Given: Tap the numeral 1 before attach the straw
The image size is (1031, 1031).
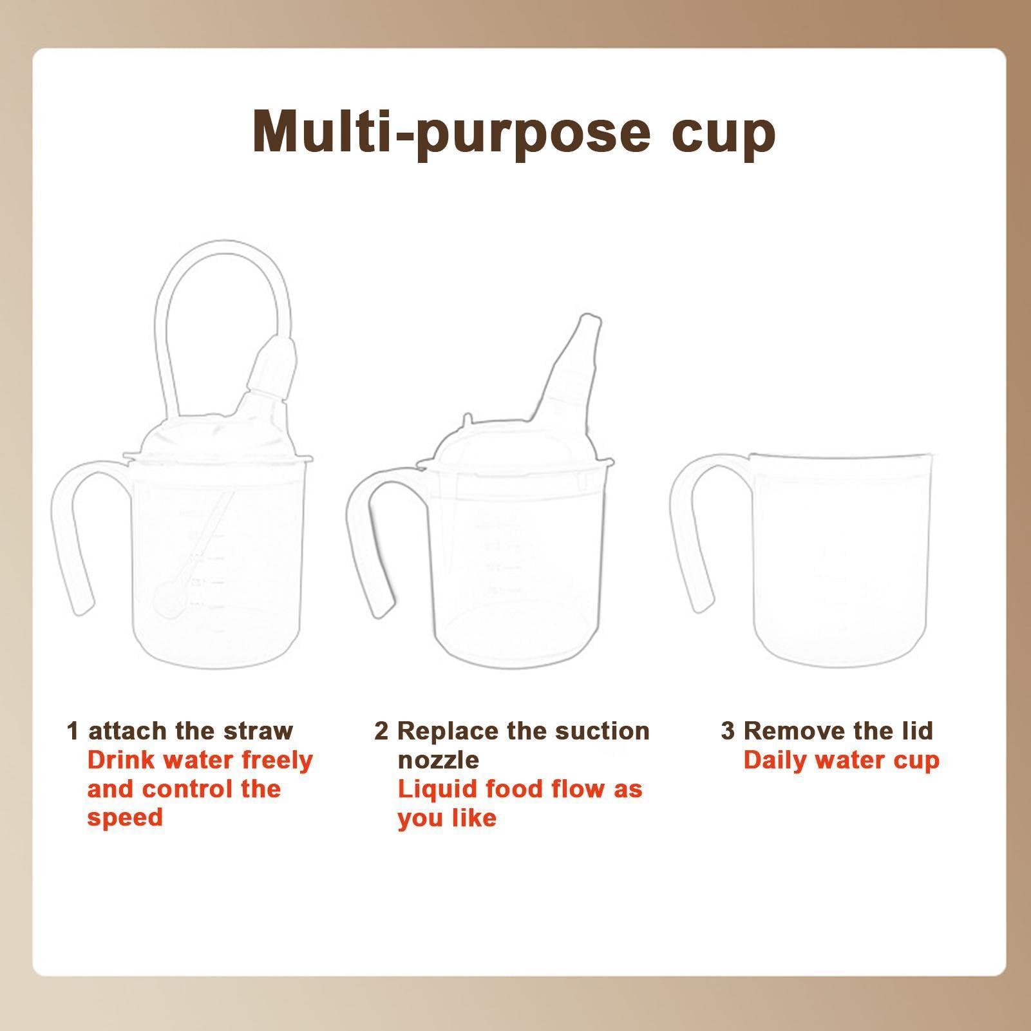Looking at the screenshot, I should point(73,732).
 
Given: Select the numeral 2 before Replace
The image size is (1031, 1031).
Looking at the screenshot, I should point(381,732).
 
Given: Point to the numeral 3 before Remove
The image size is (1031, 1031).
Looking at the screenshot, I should point(727,732).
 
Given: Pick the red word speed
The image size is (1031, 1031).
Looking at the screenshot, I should point(125,818).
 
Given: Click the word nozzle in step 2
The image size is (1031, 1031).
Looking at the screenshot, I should point(438,761).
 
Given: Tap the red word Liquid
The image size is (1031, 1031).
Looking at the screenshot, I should point(434,790).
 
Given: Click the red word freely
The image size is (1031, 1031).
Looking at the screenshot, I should point(276,761).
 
